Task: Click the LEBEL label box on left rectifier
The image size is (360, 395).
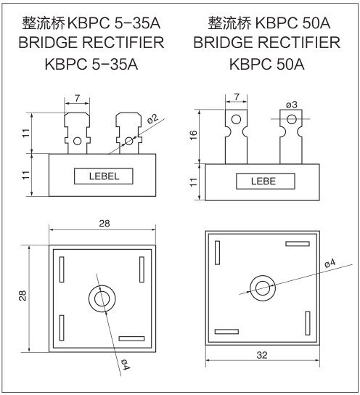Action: click(x=102, y=176)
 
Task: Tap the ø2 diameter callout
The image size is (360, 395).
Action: click(x=152, y=118)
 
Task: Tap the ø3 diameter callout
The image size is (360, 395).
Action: click(x=291, y=105)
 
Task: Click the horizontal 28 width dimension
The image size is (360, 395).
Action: click(x=104, y=224)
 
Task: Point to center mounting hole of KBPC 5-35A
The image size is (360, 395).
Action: click(x=102, y=297)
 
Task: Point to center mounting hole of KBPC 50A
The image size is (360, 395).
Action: click(x=261, y=286)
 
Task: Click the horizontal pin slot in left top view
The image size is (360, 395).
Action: click(x=131, y=338)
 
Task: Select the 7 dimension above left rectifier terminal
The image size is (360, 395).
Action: click(x=76, y=97)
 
